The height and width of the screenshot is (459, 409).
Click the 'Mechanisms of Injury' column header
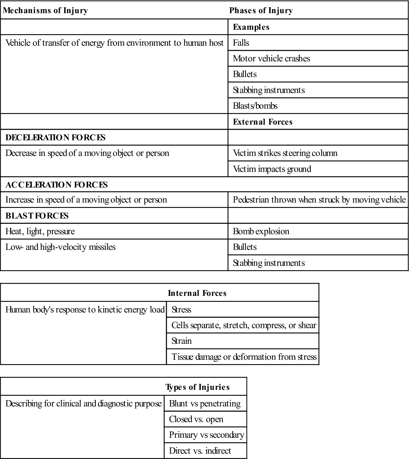coord(45,10)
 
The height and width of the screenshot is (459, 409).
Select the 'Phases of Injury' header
coord(261,10)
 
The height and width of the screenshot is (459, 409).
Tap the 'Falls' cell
coord(241,43)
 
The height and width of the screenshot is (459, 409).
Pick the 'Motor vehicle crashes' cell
coord(271,59)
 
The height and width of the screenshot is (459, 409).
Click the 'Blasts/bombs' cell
coord(255,106)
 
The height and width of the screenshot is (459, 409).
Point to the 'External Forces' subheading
coord(263,122)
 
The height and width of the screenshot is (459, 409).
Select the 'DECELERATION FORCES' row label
coord(55,137)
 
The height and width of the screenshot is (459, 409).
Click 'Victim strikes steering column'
coord(285,153)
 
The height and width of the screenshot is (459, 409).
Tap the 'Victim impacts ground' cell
coord(272,169)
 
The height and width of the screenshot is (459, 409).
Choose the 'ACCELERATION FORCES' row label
coord(57,185)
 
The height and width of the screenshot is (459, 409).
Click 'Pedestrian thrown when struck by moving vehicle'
coord(319,200)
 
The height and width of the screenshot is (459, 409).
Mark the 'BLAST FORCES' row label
coord(37,216)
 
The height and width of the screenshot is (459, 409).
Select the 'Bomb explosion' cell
coord(261,231)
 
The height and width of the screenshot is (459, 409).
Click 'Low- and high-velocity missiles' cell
coord(60,247)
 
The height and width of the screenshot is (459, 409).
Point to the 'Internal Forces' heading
coord(197,293)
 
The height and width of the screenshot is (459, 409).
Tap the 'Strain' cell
coord(181,341)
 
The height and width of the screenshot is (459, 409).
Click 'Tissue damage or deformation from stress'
coord(244,357)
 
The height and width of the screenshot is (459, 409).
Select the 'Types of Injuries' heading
coord(197,387)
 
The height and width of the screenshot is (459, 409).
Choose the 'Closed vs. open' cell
coord(196,419)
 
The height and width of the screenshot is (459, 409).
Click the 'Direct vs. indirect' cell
coord(200,451)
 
